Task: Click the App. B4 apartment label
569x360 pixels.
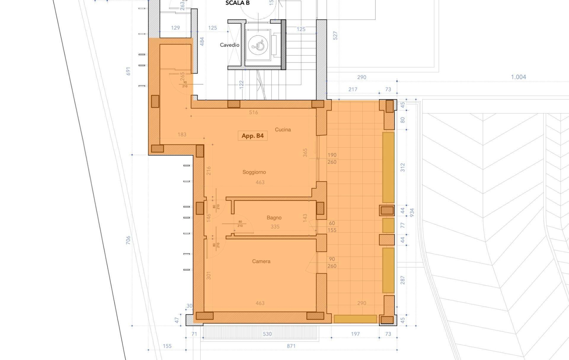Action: coord(252,136)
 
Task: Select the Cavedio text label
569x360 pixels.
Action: coord(229,45)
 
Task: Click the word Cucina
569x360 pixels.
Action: coord(283,129)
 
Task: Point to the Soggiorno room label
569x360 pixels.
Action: coord(254,172)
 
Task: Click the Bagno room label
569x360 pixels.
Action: coord(274,217)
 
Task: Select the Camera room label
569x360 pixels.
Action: coord(261,261)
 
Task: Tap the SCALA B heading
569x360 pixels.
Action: coord(237,3)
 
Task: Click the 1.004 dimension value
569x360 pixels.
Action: coord(518,77)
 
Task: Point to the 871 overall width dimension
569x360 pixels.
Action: coord(291,346)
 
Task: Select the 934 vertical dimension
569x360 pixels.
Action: coord(411,212)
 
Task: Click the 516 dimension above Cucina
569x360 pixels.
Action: coord(253,112)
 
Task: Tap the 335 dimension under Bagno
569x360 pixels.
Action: coord(275,227)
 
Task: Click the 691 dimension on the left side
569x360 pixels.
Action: coord(128,71)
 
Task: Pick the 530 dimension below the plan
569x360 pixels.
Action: coord(267,334)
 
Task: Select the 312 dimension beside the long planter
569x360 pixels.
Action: coord(402,167)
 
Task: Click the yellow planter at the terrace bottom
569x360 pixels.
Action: coord(355,319)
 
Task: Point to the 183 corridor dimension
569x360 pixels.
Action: coord(182,135)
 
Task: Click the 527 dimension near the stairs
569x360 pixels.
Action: coord(335,36)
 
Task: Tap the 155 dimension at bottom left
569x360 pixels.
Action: coord(167,346)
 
